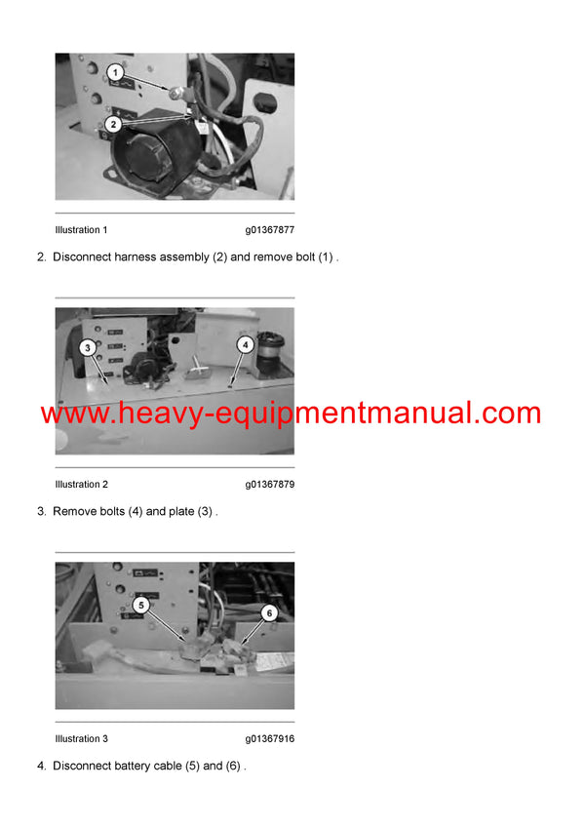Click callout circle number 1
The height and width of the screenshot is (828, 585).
(x=115, y=72)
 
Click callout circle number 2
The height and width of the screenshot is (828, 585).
(x=114, y=124)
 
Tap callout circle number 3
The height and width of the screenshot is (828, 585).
(x=87, y=347)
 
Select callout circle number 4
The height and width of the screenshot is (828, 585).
(x=246, y=343)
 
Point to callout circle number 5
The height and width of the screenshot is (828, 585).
(x=141, y=605)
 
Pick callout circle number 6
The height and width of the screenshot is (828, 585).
(x=269, y=612)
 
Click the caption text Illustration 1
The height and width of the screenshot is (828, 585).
(x=82, y=230)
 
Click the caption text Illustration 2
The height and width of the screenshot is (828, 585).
(x=82, y=485)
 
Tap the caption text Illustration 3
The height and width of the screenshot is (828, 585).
(x=82, y=739)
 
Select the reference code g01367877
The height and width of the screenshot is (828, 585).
(x=269, y=230)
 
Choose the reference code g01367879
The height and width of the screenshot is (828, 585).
(x=269, y=485)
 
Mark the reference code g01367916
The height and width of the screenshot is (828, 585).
(x=269, y=739)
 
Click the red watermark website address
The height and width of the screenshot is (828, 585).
(x=291, y=413)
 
